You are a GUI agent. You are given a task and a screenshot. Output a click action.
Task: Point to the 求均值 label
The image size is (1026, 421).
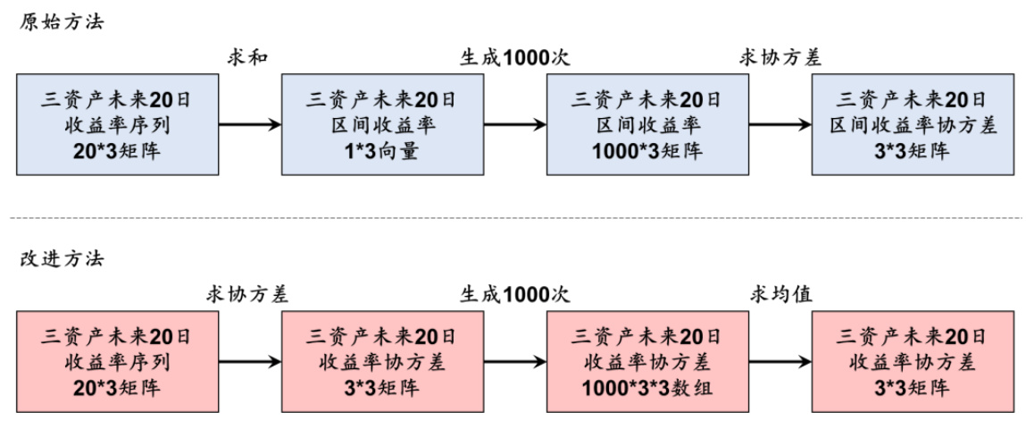pyautogui.click(x=780, y=294)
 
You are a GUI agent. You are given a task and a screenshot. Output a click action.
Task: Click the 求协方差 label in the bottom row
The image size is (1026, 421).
pyautogui.click(x=248, y=294)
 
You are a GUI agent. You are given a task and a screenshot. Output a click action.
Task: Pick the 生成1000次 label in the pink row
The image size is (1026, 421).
pyautogui.click(x=514, y=294)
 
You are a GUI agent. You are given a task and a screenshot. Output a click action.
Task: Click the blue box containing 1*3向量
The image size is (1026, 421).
pyautogui.click(x=381, y=124)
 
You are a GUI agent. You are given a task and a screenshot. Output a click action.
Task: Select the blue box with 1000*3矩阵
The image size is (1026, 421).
pyautogui.click(x=646, y=124)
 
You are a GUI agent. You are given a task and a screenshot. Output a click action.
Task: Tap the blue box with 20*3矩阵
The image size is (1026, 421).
pyautogui.click(x=116, y=124)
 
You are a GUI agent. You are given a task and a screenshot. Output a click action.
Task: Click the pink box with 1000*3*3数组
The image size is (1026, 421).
pyautogui.click(x=646, y=362)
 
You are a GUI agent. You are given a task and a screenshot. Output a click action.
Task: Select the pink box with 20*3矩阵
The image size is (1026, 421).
pyautogui.click(x=116, y=362)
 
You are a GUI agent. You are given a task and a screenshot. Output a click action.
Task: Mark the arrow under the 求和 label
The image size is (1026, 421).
pyautogui.click(x=248, y=125)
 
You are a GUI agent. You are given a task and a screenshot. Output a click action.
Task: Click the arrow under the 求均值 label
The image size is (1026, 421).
pyautogui.click(x=780, y=362)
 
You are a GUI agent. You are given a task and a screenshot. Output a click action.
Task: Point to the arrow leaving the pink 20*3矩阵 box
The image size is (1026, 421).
pyautogui.click(x=248, y=362)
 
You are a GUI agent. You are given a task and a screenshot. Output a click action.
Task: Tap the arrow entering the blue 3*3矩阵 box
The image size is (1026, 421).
pyautogui.click(x=780, y=125)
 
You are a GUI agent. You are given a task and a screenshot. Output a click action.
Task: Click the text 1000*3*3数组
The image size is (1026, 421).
pyautogui.click(x=646, y=389)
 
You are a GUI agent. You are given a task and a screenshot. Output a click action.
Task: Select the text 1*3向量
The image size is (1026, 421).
pyautogui.click(x=381, y=151)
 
